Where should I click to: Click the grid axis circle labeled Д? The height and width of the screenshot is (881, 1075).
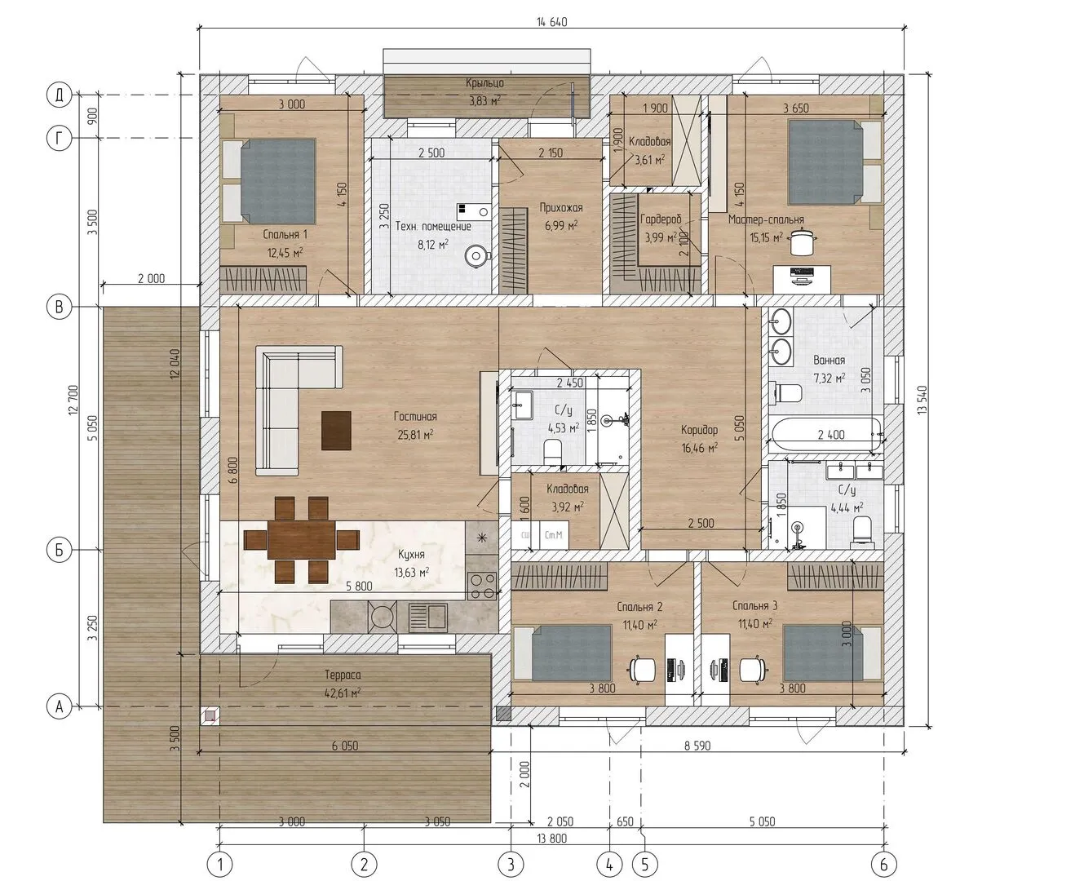[59, 95]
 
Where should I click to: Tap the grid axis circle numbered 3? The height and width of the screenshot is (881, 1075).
[511, 864]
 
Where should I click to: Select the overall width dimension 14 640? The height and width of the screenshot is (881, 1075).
[551, 22]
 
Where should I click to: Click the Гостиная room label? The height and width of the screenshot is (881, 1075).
[415, 417]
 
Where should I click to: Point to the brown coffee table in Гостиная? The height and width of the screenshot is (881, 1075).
[336, 431]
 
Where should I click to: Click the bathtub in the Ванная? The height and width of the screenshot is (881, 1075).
[825, 435]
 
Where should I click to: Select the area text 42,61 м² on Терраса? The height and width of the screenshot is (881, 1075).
[343, 693]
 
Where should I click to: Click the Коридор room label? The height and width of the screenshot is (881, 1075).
[699, 430]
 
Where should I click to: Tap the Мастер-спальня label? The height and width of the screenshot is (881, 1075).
[766, 219]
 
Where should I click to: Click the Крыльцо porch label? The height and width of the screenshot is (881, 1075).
[484, 83]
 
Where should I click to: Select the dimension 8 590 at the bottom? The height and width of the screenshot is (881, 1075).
[697, 746]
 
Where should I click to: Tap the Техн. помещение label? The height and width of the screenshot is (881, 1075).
[433, 227]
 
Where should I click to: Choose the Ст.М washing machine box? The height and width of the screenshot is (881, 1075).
[554, 535]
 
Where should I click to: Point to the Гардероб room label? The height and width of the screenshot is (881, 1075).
[661, 219]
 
